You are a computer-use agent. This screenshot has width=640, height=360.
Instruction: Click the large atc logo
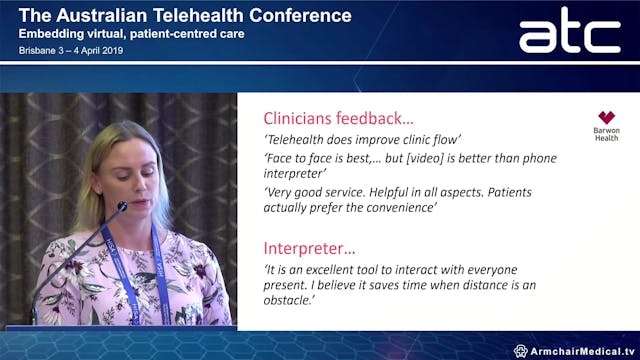(x=569, y=32)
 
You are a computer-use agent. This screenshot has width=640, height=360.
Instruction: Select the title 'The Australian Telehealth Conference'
(x=185, y=15)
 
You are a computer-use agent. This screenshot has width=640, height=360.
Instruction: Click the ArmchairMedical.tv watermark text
(x=581, y=351)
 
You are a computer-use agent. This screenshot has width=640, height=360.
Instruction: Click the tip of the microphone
(x=122, y=207)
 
